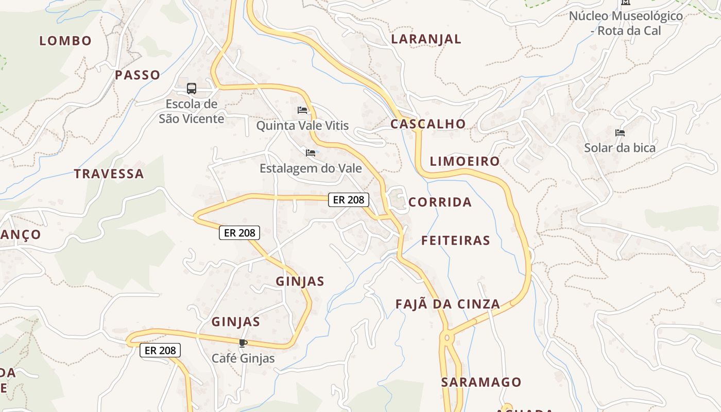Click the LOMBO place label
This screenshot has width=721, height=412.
65,41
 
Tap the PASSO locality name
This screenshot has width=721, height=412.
138,75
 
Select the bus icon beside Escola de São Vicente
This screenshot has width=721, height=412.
192,89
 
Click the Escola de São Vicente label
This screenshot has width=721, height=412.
191,111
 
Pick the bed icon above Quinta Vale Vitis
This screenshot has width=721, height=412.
302,110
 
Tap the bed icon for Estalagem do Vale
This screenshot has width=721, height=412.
310,153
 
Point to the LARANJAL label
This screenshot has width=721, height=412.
426,39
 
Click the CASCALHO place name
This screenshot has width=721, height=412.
428,124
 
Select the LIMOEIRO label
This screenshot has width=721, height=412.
465,161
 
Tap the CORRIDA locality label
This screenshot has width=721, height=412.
440,202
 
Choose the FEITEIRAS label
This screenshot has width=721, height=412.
455,241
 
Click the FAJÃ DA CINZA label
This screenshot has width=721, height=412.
448,304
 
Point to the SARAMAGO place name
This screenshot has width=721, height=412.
481,382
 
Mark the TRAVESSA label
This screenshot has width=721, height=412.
109,174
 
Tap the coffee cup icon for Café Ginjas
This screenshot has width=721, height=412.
243,343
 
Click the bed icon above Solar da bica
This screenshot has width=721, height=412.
620,133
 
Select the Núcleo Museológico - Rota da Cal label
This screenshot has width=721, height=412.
626,23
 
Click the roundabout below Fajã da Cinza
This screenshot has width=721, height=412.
447,338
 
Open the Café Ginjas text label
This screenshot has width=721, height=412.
243,358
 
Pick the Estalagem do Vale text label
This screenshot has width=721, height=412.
311,168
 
